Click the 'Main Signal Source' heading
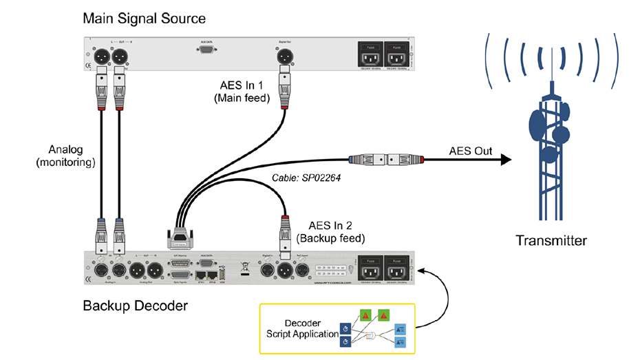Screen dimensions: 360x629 point(144,17)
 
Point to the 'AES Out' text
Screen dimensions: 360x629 point(470,151)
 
